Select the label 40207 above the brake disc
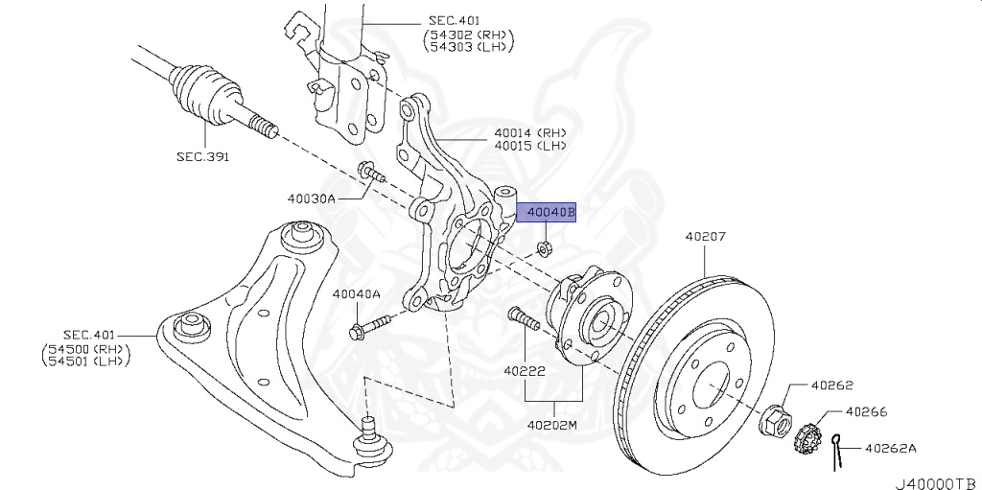(x=705, y=237)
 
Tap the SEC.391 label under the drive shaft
(x=203, y=156)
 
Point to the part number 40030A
(x=312, y=199)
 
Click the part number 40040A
(x=357, y=293)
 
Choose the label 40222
(x=525, y=371)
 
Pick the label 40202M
(x=551, y=426)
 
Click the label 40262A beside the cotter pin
(x=891, y=448)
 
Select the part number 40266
(x=866, y=411)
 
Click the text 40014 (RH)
(x=529, y=133)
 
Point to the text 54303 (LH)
(x=468, y=46)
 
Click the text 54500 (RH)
(x=85, y=348)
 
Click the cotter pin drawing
(x=836, y=451)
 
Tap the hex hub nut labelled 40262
(x=775, y=420)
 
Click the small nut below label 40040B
(x=544, y=248)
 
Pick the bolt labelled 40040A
(x=369, y=327)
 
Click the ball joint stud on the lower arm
(x=371, y=439)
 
